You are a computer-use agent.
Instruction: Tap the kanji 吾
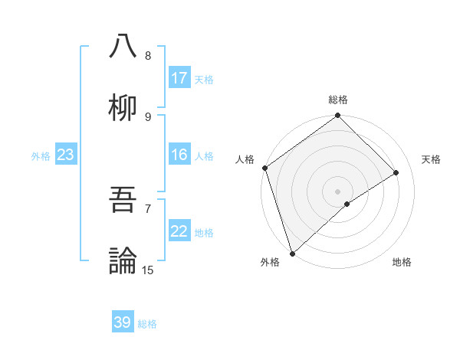tap(123, 201)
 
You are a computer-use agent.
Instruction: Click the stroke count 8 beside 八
tap(148, 56)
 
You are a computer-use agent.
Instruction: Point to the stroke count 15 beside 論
tap(148, 270)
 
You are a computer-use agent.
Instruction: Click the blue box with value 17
tap(179, 78)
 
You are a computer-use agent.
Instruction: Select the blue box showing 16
tap(179, 155)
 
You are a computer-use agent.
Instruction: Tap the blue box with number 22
tap(179, 231)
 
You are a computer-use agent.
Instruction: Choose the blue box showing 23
tap(66, 155)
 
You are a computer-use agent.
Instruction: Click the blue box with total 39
tap(123, 322)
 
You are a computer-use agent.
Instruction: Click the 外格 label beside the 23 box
tap(41, 156)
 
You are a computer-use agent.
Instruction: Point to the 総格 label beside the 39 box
tap(147, 324)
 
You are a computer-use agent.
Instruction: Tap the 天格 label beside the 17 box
tap(204, 79)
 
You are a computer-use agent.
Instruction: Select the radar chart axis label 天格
tap(432, 159)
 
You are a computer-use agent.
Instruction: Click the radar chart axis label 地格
tap(402, 262)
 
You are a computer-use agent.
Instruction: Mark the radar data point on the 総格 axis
tap(337, 116)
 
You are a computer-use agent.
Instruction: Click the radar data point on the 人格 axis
tap(264, 168)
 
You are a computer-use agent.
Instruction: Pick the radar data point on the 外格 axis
tap(292, 253)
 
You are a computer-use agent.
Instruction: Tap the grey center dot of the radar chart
tap(337, 191)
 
